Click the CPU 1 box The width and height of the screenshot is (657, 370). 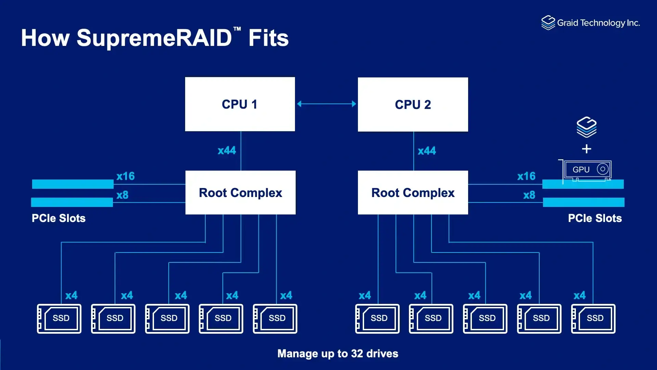click(x=240, y=104)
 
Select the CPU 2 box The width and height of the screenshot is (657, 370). click(x=413, y=104)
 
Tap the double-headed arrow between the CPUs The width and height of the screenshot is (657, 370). click(x=326, y=104)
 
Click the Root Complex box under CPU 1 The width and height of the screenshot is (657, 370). click(x=240, y=193)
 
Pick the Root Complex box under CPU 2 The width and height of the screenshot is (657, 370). click(x=413, y=193)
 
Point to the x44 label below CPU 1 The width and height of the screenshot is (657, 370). click(x=227, y=150)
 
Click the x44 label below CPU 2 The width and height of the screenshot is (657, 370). click(x=427, y=151)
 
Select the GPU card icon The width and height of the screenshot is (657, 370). click(x=587, y=170)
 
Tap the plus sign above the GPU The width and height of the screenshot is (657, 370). click(x=587, y=149)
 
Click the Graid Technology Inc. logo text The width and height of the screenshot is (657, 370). click(x=598, y=23)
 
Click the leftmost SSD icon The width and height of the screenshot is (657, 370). click(x=59, y=319)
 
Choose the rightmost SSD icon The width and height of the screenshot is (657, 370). click(x=593, y=319)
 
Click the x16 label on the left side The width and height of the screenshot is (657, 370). click(x=126, y=176)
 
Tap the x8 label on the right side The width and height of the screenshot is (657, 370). click(x=529, y=195)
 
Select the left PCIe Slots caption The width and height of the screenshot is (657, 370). click(x=59, y=218)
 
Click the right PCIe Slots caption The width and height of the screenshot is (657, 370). click(x=595, y=218)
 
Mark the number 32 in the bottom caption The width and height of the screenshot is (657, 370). click(x=357, y=354)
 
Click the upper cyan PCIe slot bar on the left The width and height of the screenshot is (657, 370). click(x=73, y=184)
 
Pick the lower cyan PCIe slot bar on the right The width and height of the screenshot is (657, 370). click(x=583, y=202)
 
